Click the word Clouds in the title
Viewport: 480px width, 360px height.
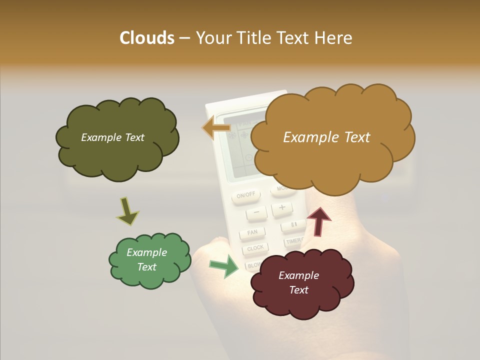pyautogui.click(x=146, y=38)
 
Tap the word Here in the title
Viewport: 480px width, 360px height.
pyautogui.click(x=333, y=38)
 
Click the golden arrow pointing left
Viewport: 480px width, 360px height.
pyautogui.click(x=216, y=127)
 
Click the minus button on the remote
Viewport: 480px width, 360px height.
pyautogui.click(x=256, y=213)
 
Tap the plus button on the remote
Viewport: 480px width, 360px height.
pyautogui.click(x=282, y=207)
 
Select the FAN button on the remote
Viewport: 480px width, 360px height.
pyautogui.click(x=252, y=232)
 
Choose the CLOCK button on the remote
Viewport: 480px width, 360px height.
pyautogui.click(x=255, y=248)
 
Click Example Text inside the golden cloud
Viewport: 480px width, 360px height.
pyautogui.click(x=326, y=137)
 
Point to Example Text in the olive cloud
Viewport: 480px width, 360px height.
pyautogui.click(x=112, y=137)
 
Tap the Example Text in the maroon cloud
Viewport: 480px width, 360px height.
pyautogui.click(x=298, y=282)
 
